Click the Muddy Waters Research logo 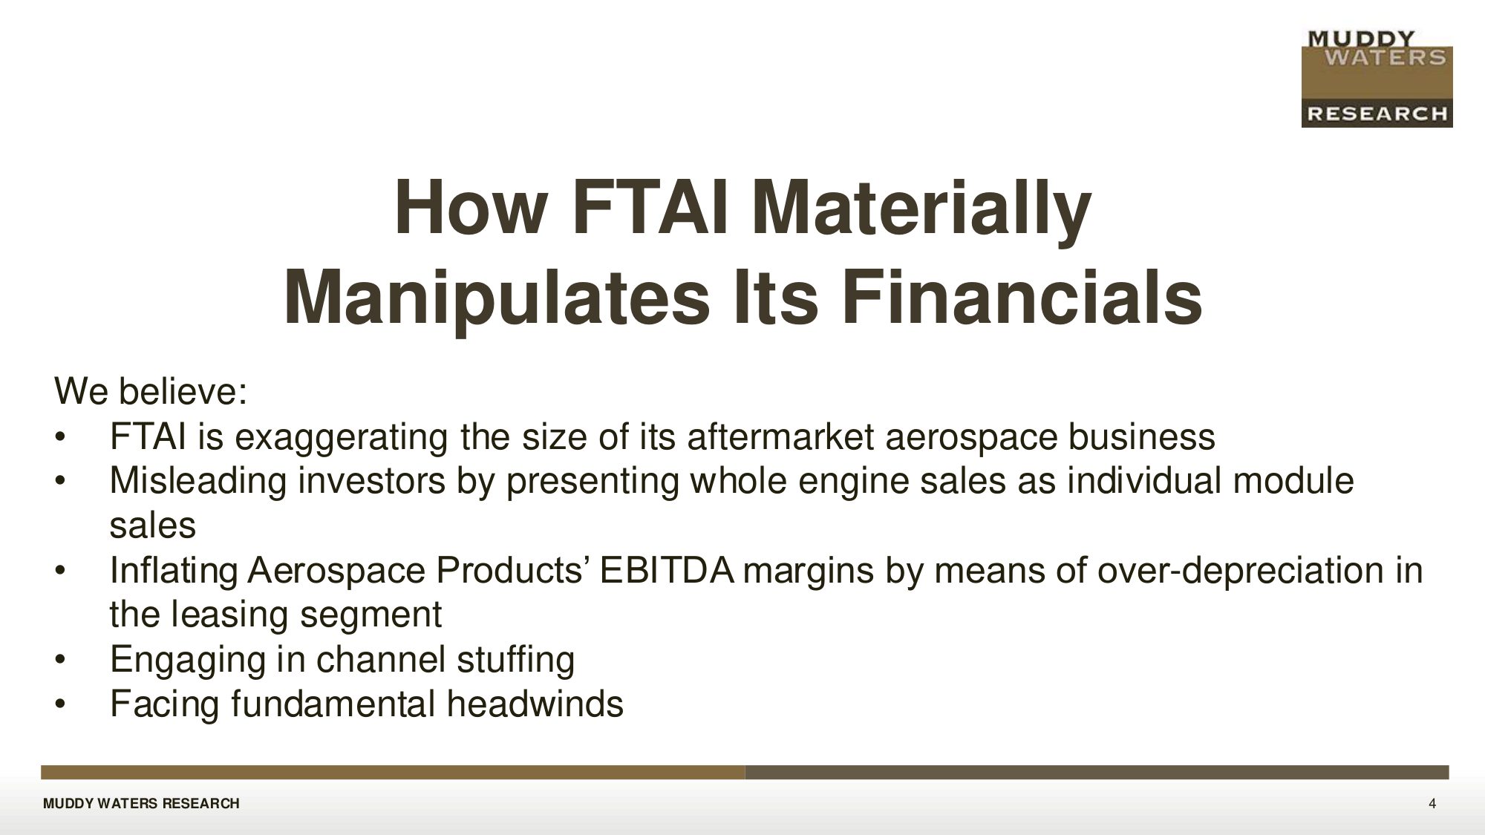[x=1377, y=78]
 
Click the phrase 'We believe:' [x=150, y=390]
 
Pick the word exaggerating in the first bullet [x=342, y=438]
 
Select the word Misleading [x=198, y=482]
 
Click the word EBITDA [x=667, y=570]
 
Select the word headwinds [x=535, y=704]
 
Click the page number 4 [x=1432, y=804]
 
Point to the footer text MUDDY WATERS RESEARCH [x=141, y=804]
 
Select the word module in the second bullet [x=1293, y=481]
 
